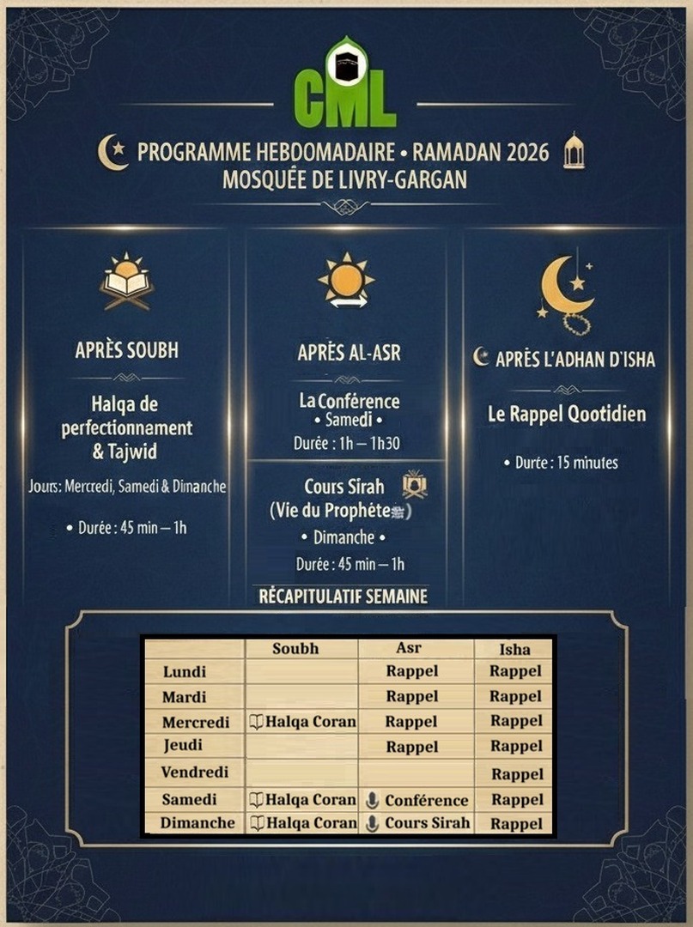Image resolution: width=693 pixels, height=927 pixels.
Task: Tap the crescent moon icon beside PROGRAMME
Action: click(112, 152)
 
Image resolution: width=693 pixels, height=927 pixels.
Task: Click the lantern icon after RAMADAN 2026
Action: click(574, 151)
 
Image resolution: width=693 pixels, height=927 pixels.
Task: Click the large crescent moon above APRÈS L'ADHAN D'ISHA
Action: click(568, 288)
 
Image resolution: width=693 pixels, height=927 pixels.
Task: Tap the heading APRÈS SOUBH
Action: click(126, 350)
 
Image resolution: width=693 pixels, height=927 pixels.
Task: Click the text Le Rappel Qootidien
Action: click(567, 415)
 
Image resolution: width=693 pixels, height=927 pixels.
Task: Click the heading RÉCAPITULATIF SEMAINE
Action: click(343, 597)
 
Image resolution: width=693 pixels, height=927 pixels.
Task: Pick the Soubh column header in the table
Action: click(295, 649)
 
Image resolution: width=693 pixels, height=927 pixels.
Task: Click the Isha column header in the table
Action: click(514, 649)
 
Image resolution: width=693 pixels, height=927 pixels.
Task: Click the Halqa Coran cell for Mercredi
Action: click(302, 722)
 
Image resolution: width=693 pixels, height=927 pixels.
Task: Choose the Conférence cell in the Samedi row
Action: click(417, 800)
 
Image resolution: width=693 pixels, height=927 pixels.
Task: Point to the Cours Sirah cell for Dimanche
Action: click(417, 822)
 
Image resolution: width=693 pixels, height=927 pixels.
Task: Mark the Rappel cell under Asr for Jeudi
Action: click(412, 747)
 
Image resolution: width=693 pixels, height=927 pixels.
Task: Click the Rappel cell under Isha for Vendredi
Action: click(517, 773)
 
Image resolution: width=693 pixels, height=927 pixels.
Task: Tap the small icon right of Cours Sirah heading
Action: click(415, 485)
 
